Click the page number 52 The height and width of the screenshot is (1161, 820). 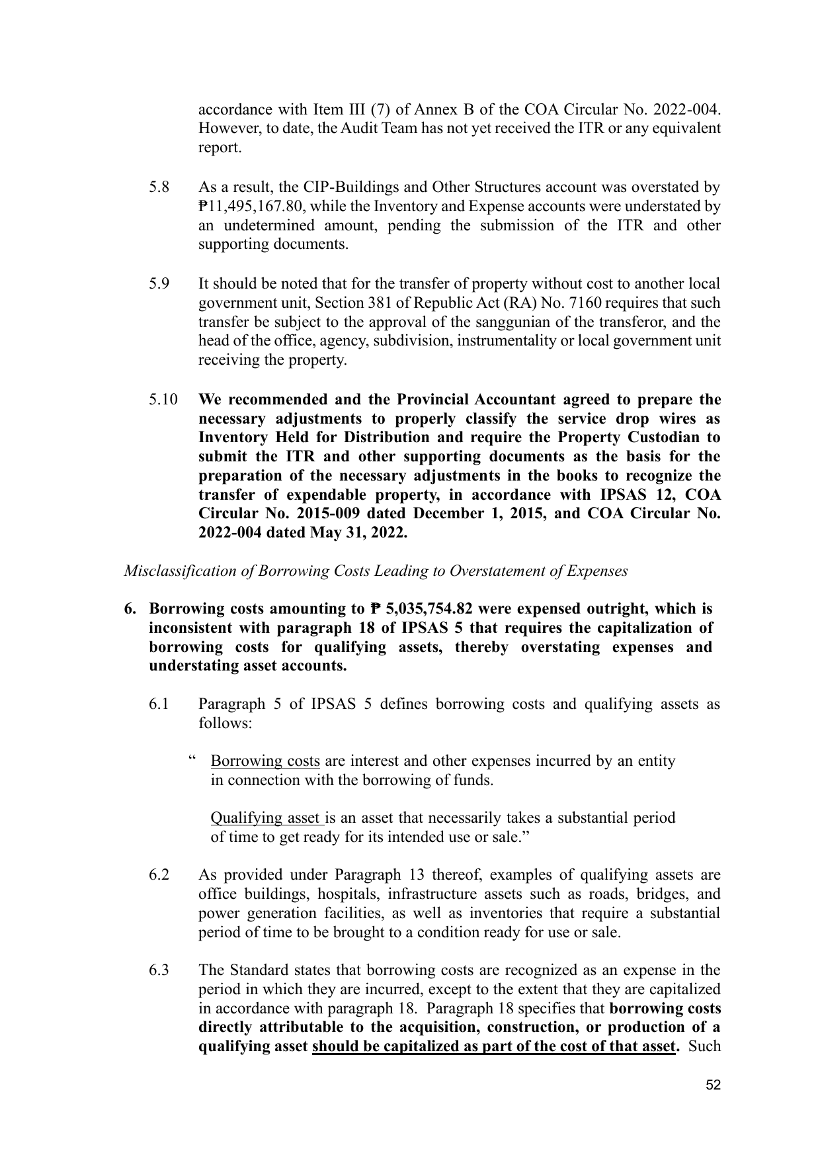pyautogui.click(x=713, y=1085)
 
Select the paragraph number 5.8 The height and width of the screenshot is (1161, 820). pyautogui.click(x=159, y=187)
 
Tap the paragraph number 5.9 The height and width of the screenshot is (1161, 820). pyautogui.click(x=159, y=284)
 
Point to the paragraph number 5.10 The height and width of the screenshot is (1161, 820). pyautogui.click(x=163, y=400)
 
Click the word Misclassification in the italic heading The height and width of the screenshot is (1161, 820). pyautogui.click(x=175, y=571)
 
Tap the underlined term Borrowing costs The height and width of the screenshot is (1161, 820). pyautogui.click(x=265, y=761)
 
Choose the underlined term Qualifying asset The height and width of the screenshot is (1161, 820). pyautogui.click(x=266, y=818)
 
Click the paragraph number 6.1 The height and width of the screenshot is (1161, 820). pyautogui.click(x=159, y=704)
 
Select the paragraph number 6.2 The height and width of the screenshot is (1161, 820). pyautogui.click(x=159, y=875)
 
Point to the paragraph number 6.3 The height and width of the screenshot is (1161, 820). pyautogui.click(x=159, y=970)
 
